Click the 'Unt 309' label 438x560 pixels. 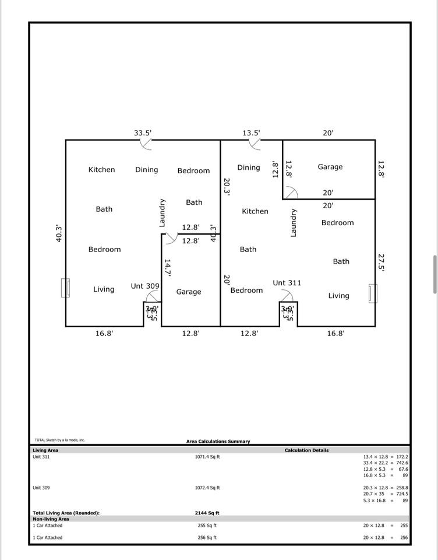pyautogui.click(x=145, y=286)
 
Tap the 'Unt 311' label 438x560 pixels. pyautogui.click(x=287, y=283)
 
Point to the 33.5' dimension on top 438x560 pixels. pyautogui.click(x=143, y=133)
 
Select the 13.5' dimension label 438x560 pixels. pyautogui.click(x=251, y=133)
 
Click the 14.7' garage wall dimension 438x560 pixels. pyautogui.click(x=167, y=268)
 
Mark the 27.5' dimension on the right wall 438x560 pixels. pyautogui.click(x=382, y=262)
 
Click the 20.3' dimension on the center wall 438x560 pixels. pyautogui.click(x=227, y=187)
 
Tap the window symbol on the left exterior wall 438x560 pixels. pyautogui.click(x=66, y=288)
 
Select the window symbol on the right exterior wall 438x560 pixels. pyautogui.click(x=372, y=293)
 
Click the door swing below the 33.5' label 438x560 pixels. pyautogui.click(x=146, y=144)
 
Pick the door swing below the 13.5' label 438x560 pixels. pyautogui.click(x=255, y=144)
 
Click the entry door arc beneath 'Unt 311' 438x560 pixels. pyautogui.click(x=287, y=296)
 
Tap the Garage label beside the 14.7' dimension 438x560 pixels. pyautogui.click(x=189, y=292)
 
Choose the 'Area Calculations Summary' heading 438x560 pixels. pyautogui.click(x=218, y=442)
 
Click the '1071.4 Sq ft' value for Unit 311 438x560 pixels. pyautogui.click(x=207, y=457)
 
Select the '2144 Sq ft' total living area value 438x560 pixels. pyautogui.click(x=207, y=513)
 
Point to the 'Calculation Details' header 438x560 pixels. pyautogui.click(x=306, y=450)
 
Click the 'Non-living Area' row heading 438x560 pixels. pyautogui.click(x=51, y=519)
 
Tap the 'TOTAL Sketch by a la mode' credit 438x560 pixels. pyautogui.click(x=60, y=440)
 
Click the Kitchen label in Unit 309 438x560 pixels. pyautogui.click(x=101, y=170)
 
